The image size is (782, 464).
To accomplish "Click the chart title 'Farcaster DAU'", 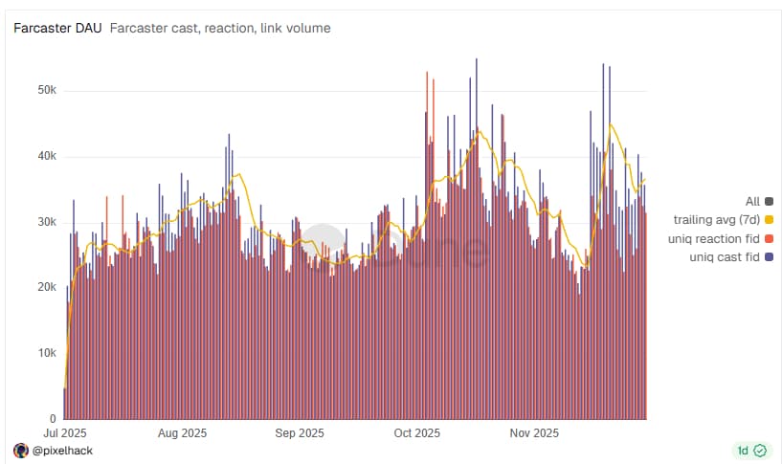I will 57,29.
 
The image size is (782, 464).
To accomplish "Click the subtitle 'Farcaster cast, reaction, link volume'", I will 220,29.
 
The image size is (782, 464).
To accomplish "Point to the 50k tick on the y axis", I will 44,90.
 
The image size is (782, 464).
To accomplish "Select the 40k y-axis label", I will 44,156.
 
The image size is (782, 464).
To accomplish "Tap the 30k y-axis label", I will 44,222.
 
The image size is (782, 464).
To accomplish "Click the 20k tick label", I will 44,287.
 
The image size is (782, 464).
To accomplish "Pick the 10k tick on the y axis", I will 44,353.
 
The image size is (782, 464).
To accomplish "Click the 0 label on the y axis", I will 53,419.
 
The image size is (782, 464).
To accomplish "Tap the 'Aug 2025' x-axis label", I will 181,433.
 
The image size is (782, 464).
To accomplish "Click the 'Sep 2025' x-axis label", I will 299,433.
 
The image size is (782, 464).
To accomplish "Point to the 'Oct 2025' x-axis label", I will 416,433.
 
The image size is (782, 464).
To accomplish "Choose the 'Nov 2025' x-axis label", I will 533,433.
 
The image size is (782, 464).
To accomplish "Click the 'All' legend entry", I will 752,201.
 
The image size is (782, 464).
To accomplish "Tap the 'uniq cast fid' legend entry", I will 725,257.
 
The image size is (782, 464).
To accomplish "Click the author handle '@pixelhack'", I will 63,450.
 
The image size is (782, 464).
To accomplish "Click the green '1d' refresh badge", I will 750,450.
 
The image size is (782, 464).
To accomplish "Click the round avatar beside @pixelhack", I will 21,450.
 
